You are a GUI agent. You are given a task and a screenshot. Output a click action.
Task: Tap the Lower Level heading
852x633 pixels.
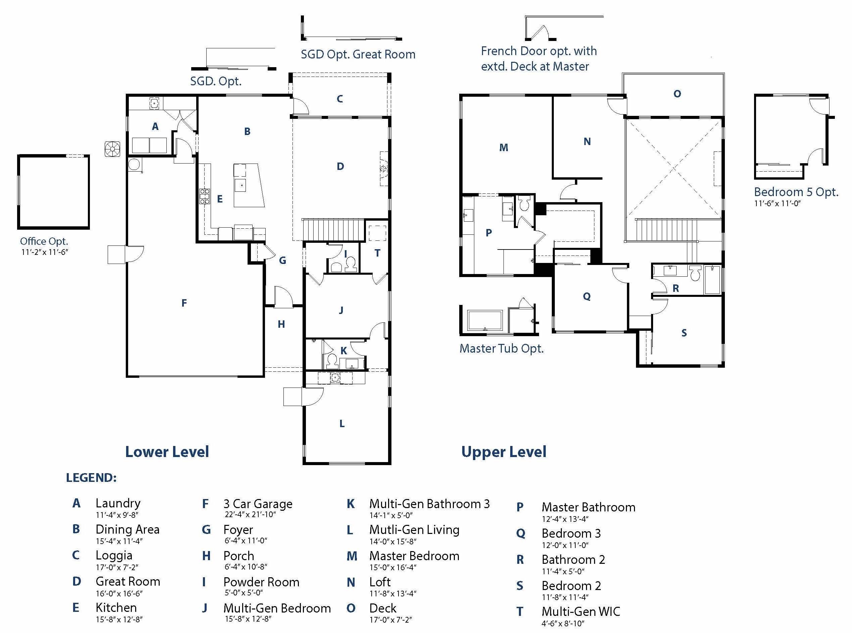[x=167, y=452]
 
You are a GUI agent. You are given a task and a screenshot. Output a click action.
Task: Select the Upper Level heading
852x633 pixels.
[x=504, y=452]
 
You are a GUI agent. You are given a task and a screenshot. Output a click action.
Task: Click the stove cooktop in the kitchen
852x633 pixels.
[x=204, y=196]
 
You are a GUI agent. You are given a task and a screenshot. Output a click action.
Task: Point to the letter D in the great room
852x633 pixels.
[x=340, y=166]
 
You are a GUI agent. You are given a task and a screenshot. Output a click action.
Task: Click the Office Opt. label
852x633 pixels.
[x=44, y=241]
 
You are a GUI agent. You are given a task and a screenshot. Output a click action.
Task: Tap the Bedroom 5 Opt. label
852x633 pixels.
[x=796, y=192]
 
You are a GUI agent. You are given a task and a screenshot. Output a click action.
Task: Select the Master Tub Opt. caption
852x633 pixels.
[x=501, y=348]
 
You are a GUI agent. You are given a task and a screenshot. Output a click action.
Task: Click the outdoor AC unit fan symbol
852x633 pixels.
[x=112, y=149]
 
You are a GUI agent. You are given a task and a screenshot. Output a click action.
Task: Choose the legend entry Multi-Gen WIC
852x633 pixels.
[x=581, y=612]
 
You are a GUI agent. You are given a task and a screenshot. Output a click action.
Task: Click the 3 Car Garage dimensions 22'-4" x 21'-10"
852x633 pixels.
[x=250, y=514]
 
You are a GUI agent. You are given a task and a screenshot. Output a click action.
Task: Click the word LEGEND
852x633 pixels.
[x=91, y=478]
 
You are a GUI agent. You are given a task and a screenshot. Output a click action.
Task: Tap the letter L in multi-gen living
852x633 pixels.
[x=342, y=423]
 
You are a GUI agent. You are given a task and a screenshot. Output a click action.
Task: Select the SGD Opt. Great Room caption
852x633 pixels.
[x=358, y=54]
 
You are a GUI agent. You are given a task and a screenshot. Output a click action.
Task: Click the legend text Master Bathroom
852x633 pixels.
[x=588, y=507]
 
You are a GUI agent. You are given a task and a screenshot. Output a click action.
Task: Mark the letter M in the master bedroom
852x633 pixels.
[x=504, y=147]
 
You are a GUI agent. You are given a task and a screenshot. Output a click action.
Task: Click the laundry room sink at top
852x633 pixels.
[x=154, y=103]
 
